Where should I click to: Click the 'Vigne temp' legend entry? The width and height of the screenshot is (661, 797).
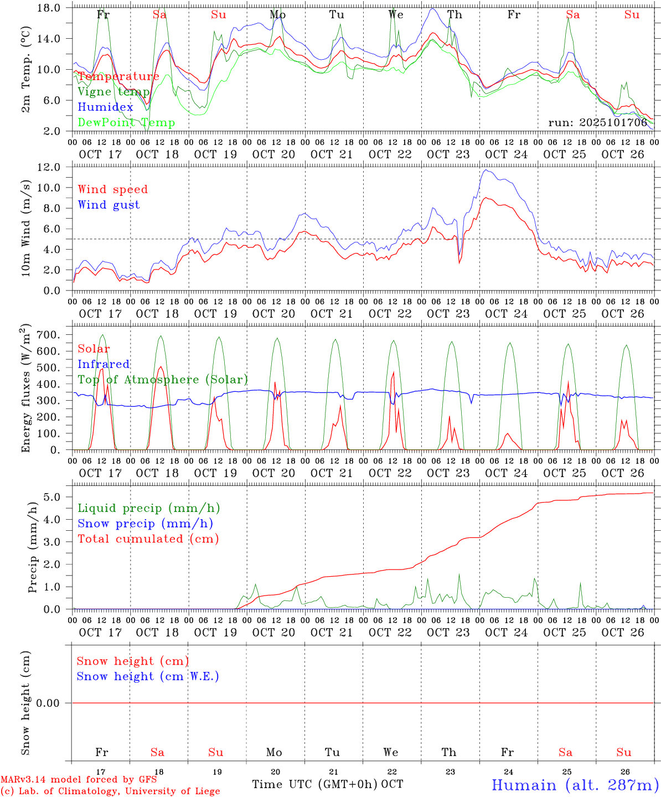pos(113,92)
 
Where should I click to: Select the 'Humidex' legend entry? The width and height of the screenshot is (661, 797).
pos(105,107)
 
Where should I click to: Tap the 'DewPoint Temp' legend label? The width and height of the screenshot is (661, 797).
pos(126,123)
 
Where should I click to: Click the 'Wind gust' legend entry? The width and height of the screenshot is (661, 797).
pos(109,205)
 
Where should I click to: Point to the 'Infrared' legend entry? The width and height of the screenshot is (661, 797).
pos(104,364)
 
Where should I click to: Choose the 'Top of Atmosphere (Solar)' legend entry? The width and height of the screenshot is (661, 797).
pos(163,380)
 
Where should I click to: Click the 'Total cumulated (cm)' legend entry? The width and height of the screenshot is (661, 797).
pos(148,539)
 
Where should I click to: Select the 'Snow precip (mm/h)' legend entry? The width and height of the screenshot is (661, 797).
pos(145,524)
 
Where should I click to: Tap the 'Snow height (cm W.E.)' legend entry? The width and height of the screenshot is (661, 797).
pos(148,676)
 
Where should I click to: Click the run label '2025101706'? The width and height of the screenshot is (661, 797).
pos(597,123)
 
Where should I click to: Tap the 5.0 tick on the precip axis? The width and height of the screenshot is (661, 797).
pos(54,497)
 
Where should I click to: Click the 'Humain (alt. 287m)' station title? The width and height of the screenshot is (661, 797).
pos(575,785)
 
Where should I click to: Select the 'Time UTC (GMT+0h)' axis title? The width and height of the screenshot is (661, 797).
pos(315,784)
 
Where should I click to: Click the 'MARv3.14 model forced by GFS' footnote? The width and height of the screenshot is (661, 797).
pos(79,780)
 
